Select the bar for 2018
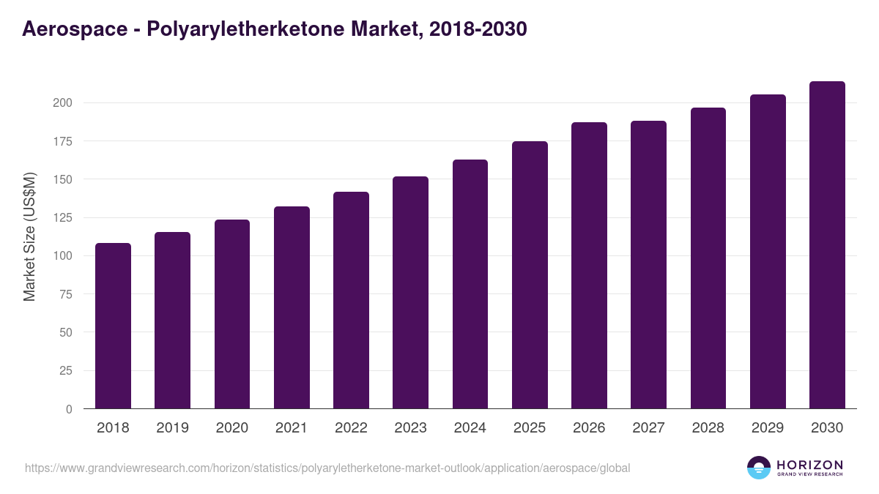click(113, 326)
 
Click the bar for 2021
click(292, 307)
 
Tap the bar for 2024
click(470, 284)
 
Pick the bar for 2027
click(648, 265)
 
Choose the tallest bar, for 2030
click(827, 245)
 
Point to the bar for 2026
click(589, 266)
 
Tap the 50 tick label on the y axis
click(65, 332)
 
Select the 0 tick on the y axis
click(69, 409)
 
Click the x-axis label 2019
click(172, 428)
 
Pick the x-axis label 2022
click(351, 428)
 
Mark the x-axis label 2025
click(530, 428)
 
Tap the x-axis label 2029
click(768, 428)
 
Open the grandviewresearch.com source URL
click(327, 468)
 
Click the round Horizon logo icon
click(759, 468)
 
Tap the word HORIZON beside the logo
click(809, 465)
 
